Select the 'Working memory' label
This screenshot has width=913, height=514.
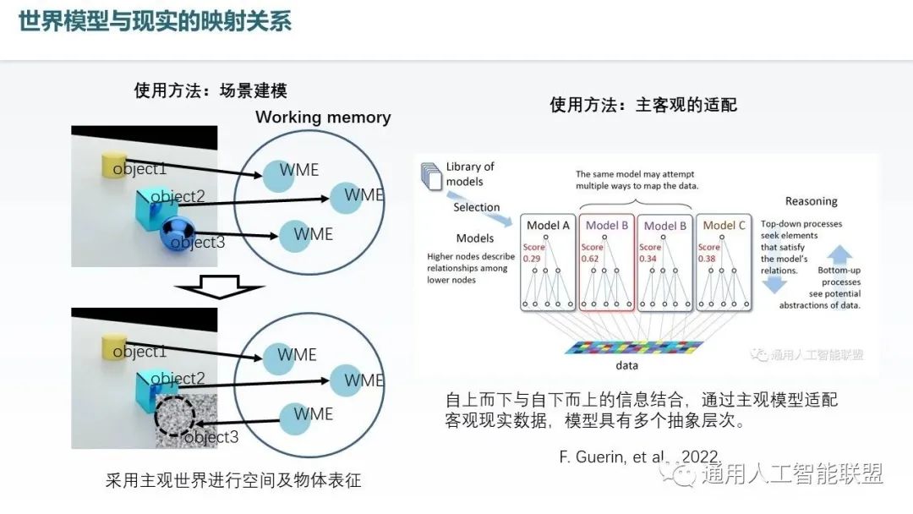(323, 118)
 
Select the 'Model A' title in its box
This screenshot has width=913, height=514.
(548, 225)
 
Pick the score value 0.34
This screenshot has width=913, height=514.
(648, 259)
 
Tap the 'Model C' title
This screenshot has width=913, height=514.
(724, 225)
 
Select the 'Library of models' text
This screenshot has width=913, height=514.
(468, 174)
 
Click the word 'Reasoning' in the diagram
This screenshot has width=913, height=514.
(811, 201)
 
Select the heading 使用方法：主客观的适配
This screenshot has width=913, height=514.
(643, 104)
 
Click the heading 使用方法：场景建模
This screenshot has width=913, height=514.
(216, 90)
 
